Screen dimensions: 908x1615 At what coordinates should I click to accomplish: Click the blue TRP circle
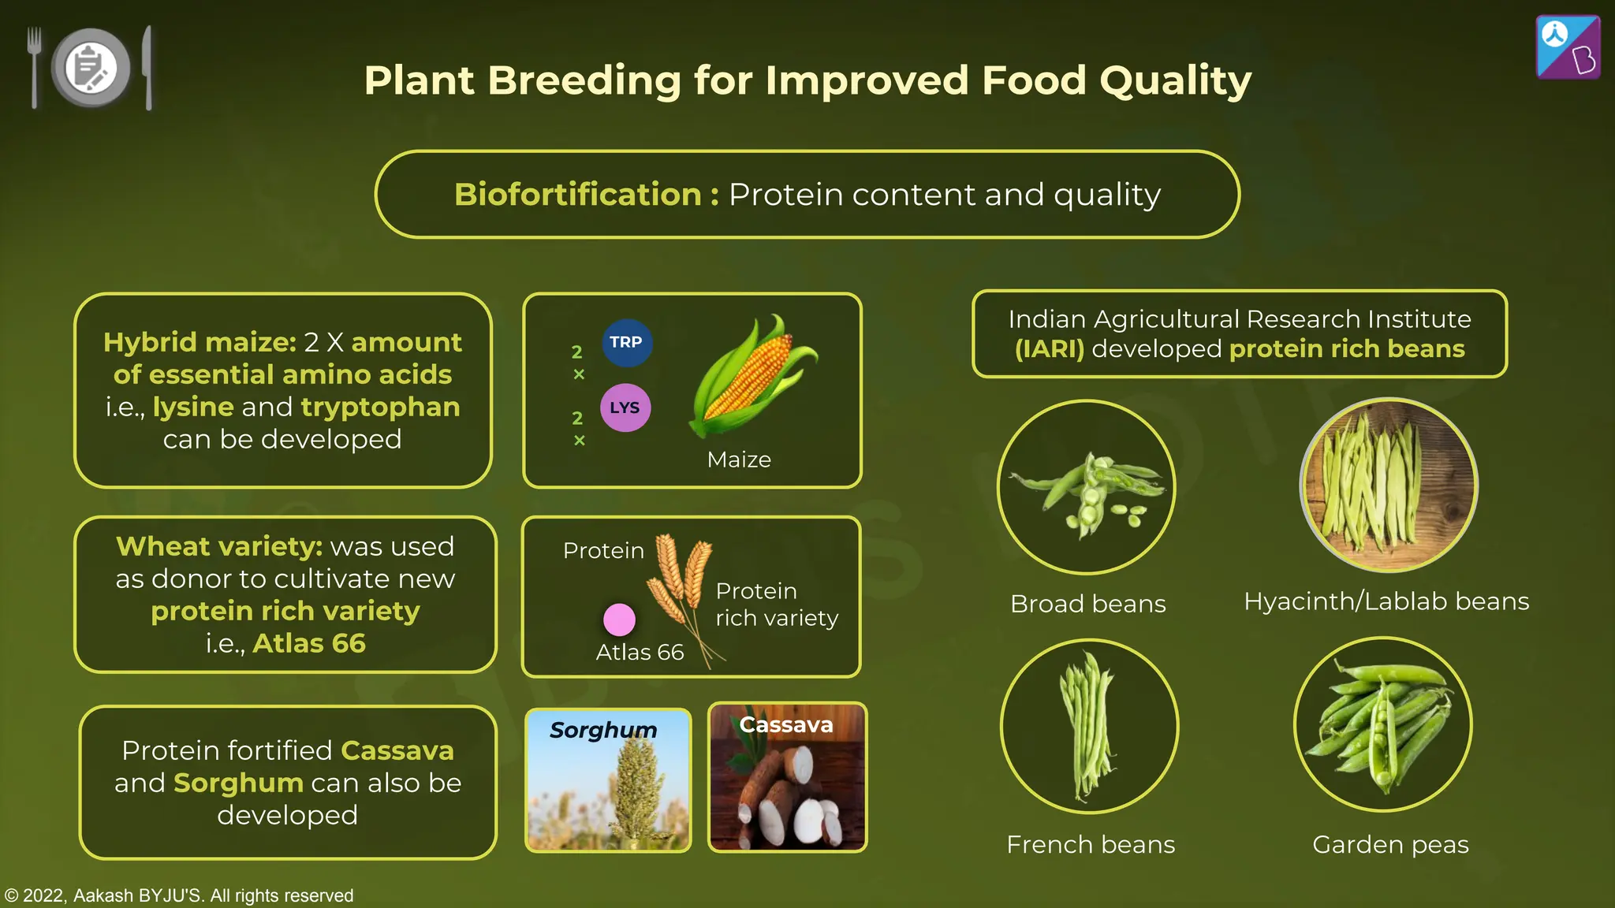pyautogui.click(x=627, y=343)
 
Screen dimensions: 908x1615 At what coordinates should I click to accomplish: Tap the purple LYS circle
pyautogui.click(x=625, y=407)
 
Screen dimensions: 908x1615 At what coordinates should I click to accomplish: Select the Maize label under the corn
pyautogui.click(x=739, y=460)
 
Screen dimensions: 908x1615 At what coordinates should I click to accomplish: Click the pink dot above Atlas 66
pyautogui.click(x=619, y=620)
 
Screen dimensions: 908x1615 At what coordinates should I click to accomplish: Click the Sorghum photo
pyautogui.click(x=608, y=780)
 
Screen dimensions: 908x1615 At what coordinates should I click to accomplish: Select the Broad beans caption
pyautogui.click(x=1087, y=604)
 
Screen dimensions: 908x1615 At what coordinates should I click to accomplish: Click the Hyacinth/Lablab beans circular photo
pyautogui.click(x=1389, y=486)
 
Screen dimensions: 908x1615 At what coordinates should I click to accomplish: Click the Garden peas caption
pyautogui.click(x=1390, y=845)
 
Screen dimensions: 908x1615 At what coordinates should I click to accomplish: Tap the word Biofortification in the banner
pyautogui.click(x=577, y=195)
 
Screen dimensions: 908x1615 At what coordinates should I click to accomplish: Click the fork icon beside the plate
pyautogui.click(x=34, y=67)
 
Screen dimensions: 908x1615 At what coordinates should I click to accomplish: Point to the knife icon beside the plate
pyautogui.click(x=147, y=67)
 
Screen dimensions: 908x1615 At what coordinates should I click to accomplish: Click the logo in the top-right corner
pyautogui.click(x=1568, y=47)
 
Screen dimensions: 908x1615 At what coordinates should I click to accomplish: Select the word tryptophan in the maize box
pyautogui.click(x=380, y=407)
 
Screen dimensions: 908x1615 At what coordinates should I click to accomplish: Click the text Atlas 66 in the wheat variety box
pyautogui.click(x=309, y=643)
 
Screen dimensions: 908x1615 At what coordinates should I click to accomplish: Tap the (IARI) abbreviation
pyautogui.click(x=1049, y=349)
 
